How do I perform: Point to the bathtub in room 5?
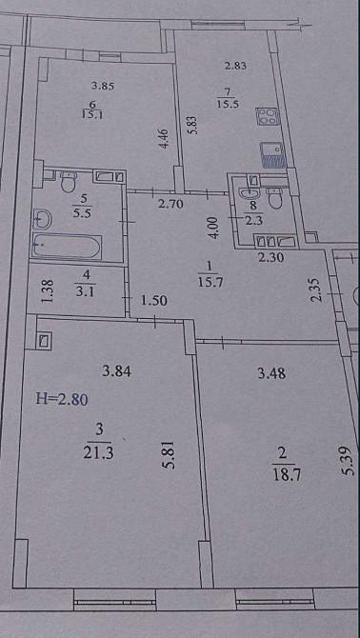65,246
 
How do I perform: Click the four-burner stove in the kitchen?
266,117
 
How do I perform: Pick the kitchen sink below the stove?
273,152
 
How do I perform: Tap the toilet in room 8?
275,198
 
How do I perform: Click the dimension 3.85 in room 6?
102,86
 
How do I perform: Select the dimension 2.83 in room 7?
235,66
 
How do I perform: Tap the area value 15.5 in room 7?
228,104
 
